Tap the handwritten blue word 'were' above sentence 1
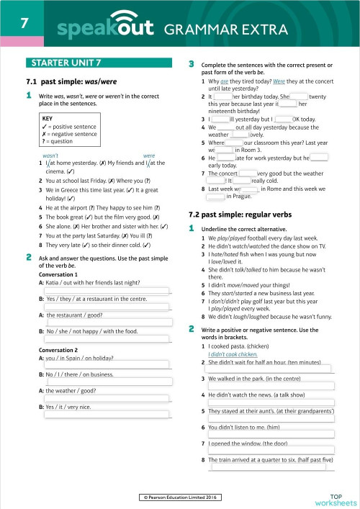tap(149, 156)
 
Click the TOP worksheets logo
tap(335, 499)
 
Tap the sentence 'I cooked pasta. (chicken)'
tap(242, 346)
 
